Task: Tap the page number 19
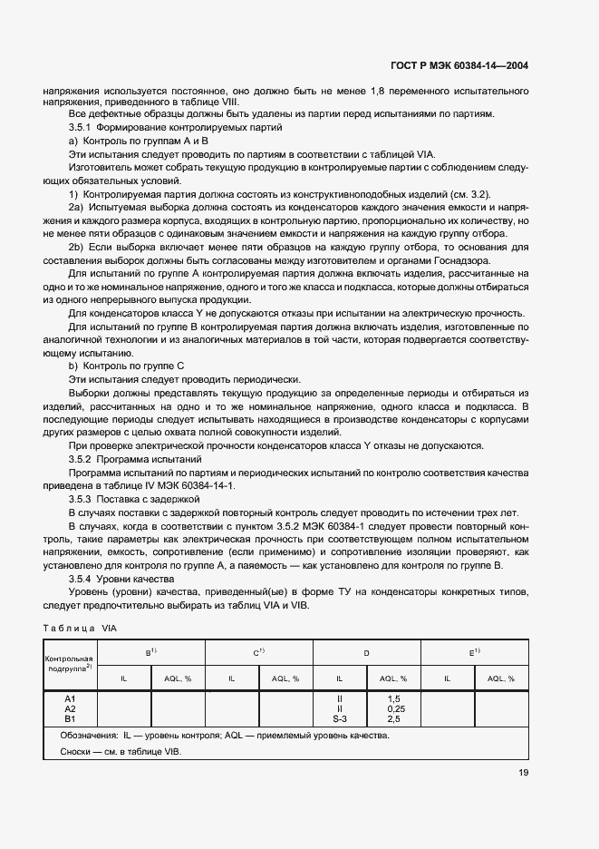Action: pyautogui.click(x=523, y=773)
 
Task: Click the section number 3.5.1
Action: pyautogui.click(x=82, y=128)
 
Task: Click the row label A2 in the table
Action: pyautogui.click(x=70, y=708)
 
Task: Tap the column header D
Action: pyautogui.click(x=366, y=652)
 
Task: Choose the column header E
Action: pyautogui.click(x=474, y=652)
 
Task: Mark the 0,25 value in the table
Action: pyautogui.click(x=393, y=708)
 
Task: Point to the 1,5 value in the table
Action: pyautogui.click(x=393, y=698)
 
